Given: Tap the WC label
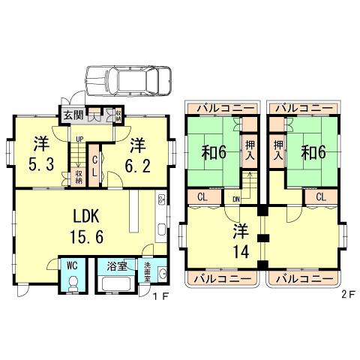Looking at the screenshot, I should click(x=71, y=265).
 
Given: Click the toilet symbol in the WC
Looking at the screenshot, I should click(x=72, y=283).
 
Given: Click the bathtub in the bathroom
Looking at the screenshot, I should click(x=115, y=285).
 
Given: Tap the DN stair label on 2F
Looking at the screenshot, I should click(x=236, y=199).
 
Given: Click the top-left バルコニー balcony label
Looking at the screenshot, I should click(x=223, y=107).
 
